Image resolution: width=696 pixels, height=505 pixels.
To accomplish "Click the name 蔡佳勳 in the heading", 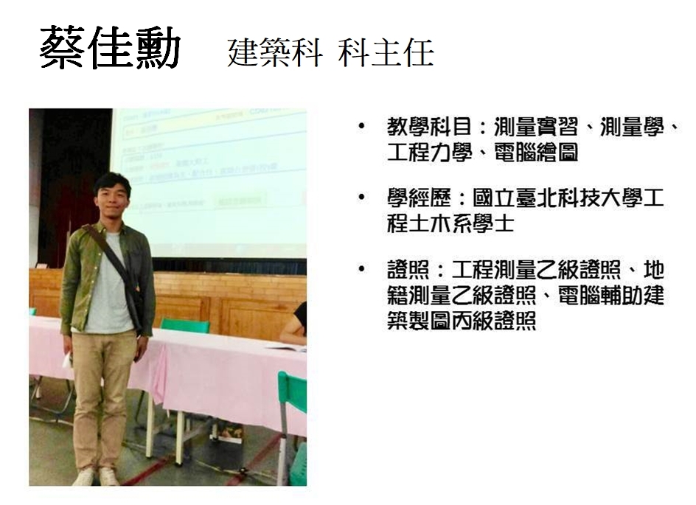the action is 110,48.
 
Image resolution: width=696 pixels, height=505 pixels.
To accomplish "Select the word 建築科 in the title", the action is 275,52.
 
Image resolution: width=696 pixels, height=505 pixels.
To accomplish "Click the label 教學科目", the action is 429,127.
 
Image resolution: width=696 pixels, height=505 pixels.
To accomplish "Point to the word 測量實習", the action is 536,127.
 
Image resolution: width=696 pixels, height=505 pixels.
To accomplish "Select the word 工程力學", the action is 429,153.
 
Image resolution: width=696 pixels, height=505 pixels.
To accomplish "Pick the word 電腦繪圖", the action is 536,153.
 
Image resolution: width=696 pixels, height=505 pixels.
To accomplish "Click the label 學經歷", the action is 419,198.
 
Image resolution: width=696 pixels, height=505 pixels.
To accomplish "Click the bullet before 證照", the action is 362,269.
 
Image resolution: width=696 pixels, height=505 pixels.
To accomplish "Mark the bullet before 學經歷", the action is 362,198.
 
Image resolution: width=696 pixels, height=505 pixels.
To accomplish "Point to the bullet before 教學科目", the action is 362,127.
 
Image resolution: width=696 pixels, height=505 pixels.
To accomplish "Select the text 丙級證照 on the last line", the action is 493,321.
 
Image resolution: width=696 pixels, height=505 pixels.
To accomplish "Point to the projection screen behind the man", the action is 209,182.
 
